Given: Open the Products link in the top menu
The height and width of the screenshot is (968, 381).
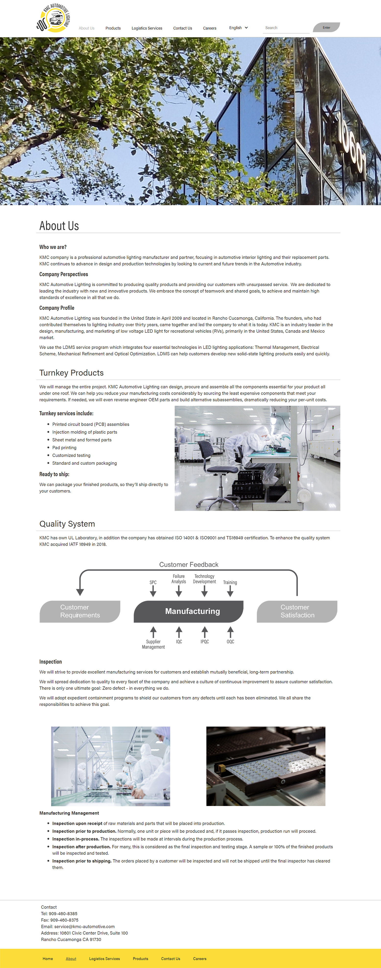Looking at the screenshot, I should click(x=113, y=28).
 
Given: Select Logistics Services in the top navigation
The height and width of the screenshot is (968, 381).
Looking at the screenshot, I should click(x=147, y=28).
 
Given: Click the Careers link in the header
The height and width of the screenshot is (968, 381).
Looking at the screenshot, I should click(x=209, y=28).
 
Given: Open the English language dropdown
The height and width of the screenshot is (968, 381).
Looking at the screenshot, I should click(x=238, y=28).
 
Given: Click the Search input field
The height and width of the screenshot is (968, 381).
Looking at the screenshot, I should click(x=285, y=28).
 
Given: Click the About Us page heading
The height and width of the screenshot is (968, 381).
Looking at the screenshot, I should click(x=59, y=226).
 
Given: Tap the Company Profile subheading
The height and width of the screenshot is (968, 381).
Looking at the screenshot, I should click(x=57, y=308).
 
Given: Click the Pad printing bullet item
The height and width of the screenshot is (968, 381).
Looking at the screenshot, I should click(x=64, y=448).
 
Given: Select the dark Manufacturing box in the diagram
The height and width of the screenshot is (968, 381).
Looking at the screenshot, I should click(x=189, y=611).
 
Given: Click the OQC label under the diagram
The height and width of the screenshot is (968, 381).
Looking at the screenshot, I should click(x=230, y=641).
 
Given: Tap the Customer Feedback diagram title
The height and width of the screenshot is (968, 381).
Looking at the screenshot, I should click(x=189, y=565).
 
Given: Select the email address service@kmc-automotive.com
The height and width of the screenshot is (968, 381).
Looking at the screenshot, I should click(x=84, y=926).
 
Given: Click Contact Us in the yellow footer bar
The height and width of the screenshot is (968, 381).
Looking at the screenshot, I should click(x=171, y=959).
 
